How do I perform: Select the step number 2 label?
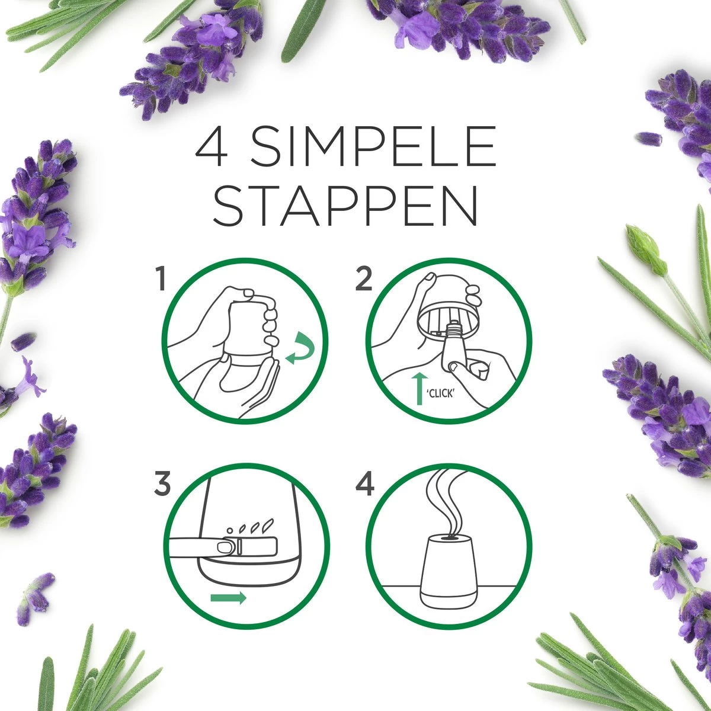[x=363, y=279]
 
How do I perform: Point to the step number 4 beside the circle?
[x=365, y=485]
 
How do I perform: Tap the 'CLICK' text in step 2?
[x=441, y=392]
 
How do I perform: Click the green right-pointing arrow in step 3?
[x=229, y=598]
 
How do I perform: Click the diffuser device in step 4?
[x=447, y=572]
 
